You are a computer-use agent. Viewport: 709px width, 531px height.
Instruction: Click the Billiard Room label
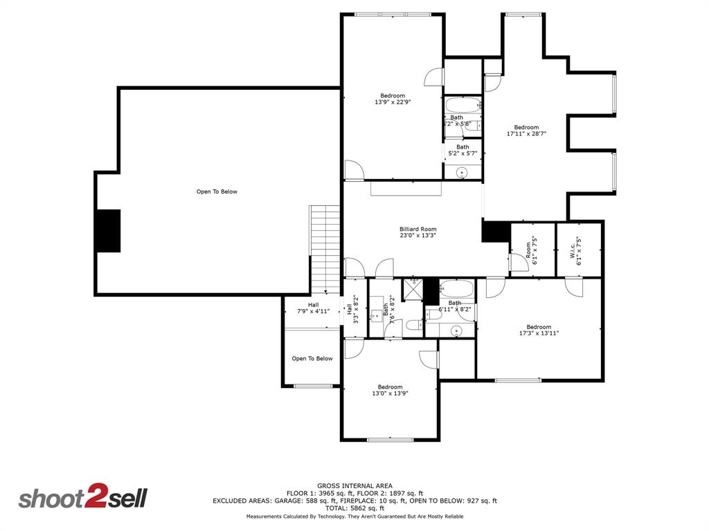coord(418,232)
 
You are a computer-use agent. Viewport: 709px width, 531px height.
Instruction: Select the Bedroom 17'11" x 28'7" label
coord(526,131)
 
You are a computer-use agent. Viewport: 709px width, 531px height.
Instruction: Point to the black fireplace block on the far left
coord(108,230)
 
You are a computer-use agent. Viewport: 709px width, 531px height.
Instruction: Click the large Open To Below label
coord(217,192)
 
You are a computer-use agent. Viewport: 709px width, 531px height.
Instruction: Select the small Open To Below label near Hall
coord(312,359)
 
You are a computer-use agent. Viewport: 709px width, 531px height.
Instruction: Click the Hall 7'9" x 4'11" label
coord(313,308)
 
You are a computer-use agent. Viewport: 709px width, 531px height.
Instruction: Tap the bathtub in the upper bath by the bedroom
coord(462,106)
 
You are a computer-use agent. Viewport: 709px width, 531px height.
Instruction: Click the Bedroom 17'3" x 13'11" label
coord(539,330)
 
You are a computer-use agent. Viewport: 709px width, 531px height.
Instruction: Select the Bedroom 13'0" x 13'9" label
coord(390,390)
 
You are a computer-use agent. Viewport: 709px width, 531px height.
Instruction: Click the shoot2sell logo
coord(82,498)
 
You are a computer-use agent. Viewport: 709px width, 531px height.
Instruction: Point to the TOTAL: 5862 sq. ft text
coord(354,508)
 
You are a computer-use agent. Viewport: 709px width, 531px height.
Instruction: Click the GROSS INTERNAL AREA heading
coord(354,485)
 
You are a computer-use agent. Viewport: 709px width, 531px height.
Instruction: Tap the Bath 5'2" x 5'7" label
coord(463,149)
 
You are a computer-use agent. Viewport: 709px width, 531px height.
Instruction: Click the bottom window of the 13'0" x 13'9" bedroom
coord(390,440)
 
